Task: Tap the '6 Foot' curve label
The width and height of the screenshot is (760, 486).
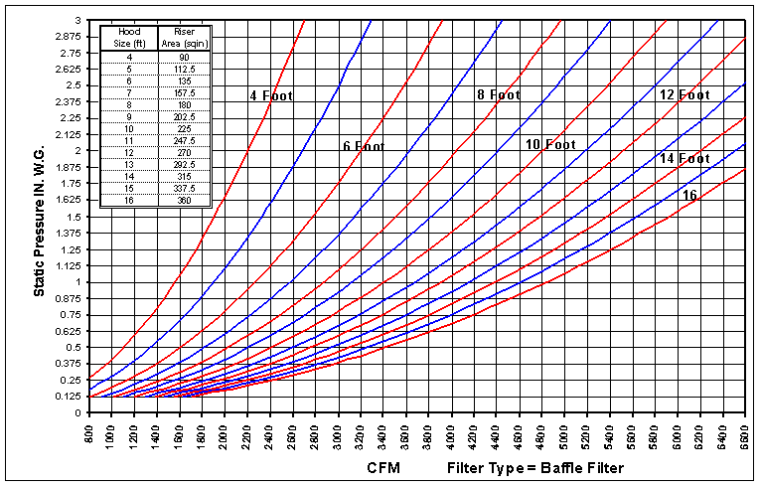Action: [364, 146]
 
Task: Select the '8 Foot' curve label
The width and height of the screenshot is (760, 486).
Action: [498, 94]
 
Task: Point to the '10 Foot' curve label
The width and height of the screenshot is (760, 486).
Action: [550, 144]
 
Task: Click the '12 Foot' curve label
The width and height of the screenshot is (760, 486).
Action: [684, 94]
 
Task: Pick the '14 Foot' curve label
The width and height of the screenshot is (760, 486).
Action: [684, 158]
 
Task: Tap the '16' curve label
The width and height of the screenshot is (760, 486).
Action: [688, 195]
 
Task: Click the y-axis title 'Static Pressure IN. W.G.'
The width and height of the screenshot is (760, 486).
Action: [40, 219]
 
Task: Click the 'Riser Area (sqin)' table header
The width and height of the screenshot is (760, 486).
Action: [184, 39]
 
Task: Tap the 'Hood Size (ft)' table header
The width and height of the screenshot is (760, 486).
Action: [129, 39]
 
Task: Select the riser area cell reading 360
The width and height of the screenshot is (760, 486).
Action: [184, 200]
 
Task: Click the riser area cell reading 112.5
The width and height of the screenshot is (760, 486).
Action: [184, 70]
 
